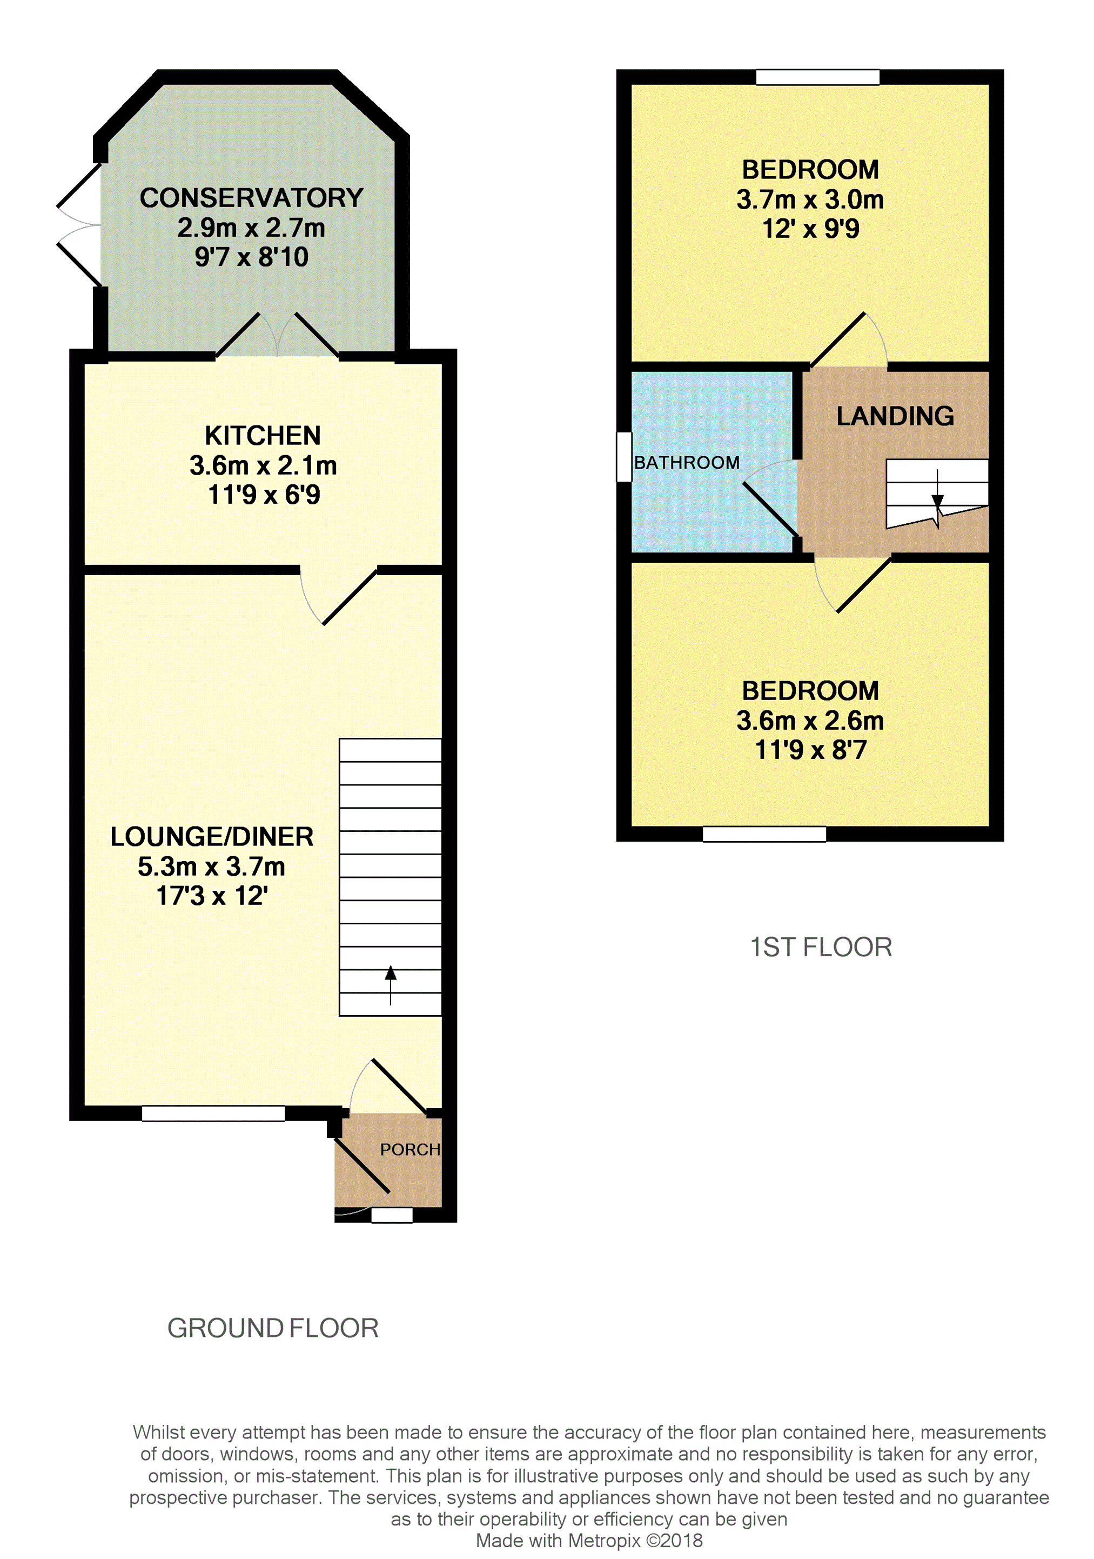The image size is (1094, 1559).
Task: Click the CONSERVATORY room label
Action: click(251, 198)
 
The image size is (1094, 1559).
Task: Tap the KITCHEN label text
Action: click(263, 436)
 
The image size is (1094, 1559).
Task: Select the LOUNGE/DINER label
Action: click(212, 837)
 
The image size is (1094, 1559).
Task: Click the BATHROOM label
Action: click(686, 463)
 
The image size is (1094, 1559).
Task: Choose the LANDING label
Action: click(895, 416)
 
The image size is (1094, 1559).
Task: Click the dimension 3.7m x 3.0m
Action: click(810, 199)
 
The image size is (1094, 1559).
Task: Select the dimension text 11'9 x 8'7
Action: click(810, 750)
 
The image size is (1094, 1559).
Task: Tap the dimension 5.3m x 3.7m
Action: click(211, 867)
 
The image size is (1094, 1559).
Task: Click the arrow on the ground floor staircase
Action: click(390, 984)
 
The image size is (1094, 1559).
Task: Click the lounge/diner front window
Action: click(213, 1113)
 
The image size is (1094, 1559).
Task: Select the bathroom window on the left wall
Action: click(623, 457)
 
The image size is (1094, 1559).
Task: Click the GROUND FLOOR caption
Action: click(273, 1328)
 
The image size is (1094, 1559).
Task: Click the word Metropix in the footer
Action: click(604, 1541)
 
